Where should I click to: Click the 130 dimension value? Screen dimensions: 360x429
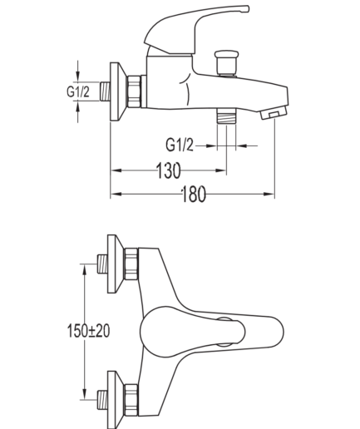tap(169, 170)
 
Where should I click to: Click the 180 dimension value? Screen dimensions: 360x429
tap(194, 194)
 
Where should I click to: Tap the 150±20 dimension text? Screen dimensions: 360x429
tap(88, 331)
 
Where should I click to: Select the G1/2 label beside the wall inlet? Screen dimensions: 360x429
tap(78, 91)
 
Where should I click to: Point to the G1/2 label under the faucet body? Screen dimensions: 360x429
tap(180, 145)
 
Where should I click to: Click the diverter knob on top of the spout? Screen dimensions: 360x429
tap(227, 62)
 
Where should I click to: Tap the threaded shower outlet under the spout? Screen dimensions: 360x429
tap(226, 116)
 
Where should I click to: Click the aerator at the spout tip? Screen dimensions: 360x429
tap(274, 114)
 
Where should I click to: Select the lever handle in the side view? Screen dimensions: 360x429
tap(194, 27)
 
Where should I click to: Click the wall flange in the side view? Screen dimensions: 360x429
tap(118, 91)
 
